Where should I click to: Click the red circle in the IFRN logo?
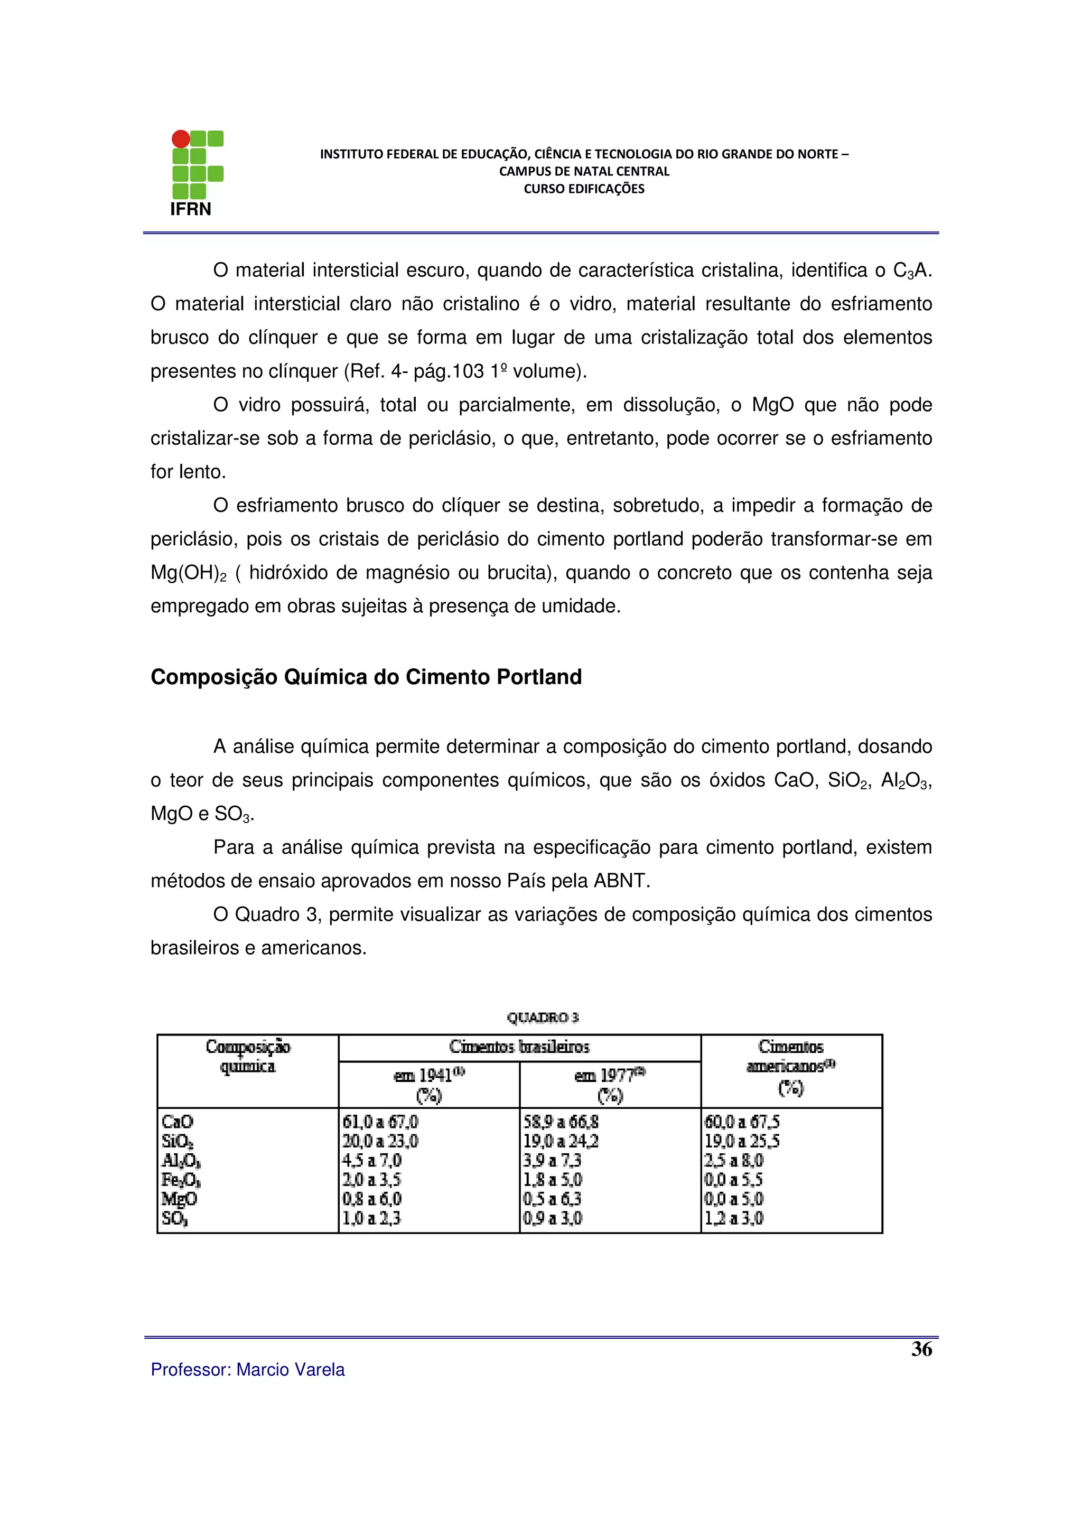181,139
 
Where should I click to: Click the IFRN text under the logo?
191,209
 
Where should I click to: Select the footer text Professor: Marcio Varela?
247,1370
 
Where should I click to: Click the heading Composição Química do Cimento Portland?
366,677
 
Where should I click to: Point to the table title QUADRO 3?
543,1017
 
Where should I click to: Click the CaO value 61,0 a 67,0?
380,1122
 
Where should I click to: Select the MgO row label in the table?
179,1199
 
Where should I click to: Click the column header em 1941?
428,1076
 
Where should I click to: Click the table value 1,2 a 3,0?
733,1218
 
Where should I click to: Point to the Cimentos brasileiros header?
519,1047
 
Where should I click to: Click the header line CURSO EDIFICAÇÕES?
584,189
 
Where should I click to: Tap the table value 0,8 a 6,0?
372,1199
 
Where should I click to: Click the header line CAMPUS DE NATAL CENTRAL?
584,171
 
